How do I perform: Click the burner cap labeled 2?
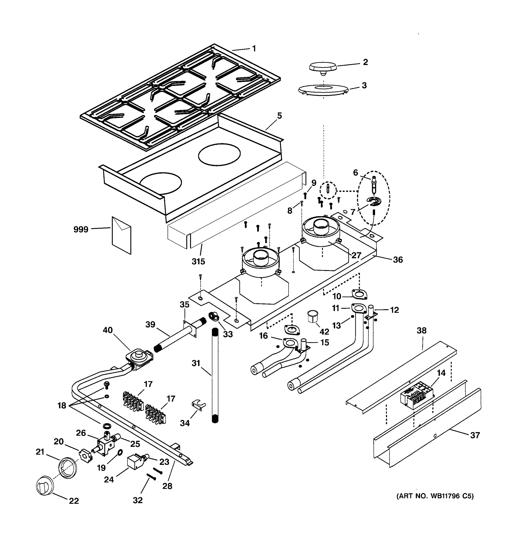coord(323,67)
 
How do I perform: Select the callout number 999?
coord(81,230)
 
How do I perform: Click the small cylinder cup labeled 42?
coord(313,317)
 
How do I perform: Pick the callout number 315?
coord(198,261)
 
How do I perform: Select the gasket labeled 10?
coord(359,294)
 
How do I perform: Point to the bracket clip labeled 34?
coord(199,405)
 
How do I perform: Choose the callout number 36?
coord(398,260)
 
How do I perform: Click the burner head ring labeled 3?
coord(323,90)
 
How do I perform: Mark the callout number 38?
coord(422,330)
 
